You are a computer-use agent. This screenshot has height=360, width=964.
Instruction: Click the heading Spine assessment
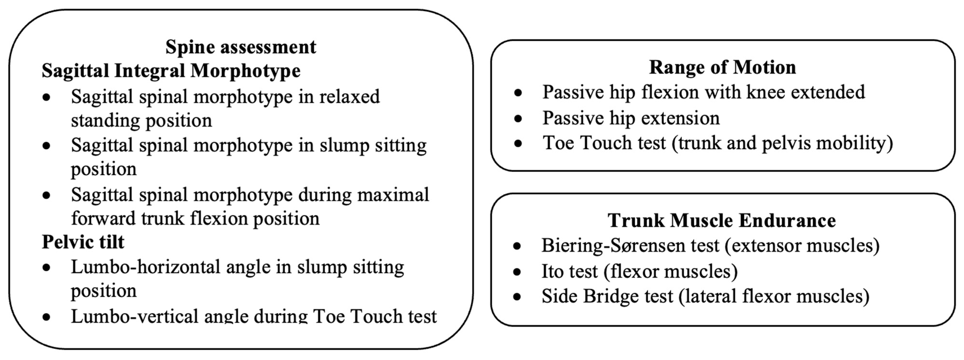point(241,47)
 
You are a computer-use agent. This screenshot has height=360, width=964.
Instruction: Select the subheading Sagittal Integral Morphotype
point(171,71)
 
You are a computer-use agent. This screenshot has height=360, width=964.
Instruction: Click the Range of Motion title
point(722,68)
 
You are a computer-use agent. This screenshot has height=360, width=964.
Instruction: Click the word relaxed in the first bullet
point(349,97)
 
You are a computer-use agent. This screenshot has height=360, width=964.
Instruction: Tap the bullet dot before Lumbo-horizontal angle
point(46,268)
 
